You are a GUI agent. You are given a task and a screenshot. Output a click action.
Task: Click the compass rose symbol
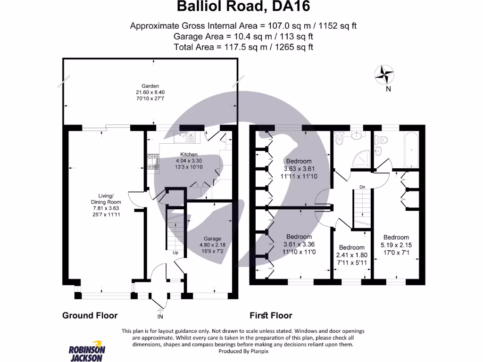coord(384,74)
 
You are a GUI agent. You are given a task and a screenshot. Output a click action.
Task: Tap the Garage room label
coord(212,239)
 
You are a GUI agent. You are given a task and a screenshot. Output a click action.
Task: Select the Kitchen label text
coord(189,155)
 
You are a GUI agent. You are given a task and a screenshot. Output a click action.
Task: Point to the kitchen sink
coord(184,138)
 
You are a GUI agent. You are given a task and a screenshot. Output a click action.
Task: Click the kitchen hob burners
coord(153,161)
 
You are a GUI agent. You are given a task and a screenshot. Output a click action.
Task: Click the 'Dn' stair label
coord(362,187)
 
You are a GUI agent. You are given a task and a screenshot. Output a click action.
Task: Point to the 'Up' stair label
coord(175,253)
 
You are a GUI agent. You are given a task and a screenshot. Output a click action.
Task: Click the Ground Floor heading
coord(90,315)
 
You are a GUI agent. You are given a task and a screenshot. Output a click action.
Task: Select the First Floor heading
coord(271,315)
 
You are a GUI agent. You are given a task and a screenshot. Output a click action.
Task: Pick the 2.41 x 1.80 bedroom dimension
coord(352,255)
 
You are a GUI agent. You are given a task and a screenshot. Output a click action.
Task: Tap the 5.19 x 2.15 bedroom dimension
coord(396,245)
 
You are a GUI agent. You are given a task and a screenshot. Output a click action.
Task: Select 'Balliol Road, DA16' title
coord(243,7)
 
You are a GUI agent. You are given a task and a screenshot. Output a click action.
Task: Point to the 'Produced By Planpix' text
coord(243,351)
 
